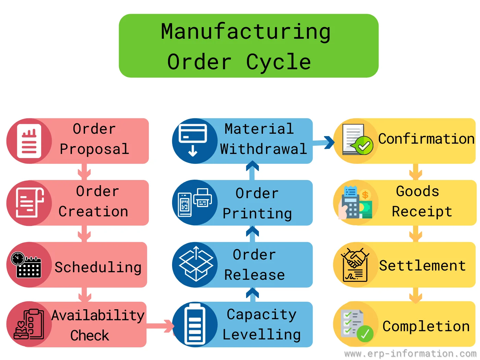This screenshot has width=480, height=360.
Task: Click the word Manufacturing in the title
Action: click(x=245, y=32)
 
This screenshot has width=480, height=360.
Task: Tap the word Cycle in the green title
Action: click(x=278, y=62)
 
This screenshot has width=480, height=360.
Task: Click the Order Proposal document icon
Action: click(x=29, y=141)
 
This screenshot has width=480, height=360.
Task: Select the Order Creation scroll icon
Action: click(x=30, y=203)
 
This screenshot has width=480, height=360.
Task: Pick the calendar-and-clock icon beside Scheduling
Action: click(x=26, y=265)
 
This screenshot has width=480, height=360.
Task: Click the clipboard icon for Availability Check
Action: click(x=29, y=324)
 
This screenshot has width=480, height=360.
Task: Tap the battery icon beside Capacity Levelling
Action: click(x=195, y=324)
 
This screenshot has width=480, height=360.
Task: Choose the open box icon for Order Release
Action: click(x=196, y=264)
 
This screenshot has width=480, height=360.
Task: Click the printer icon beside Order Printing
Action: click(x=203, y=197)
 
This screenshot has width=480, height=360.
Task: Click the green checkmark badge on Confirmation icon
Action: click(x=364, y=145)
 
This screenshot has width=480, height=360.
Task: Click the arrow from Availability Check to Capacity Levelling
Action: click(x=160, y=326)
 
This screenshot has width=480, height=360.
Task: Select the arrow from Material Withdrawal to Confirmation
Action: click(x=323, y=143)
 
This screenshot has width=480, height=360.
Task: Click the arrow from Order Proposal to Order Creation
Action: click(x=84, y=171)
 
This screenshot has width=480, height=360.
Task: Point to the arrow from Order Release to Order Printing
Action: click(x=252, y=234)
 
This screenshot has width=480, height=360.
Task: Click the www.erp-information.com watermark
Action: click(x=410, y=354)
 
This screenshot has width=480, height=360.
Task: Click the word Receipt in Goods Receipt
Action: click(x=422, y=212)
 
